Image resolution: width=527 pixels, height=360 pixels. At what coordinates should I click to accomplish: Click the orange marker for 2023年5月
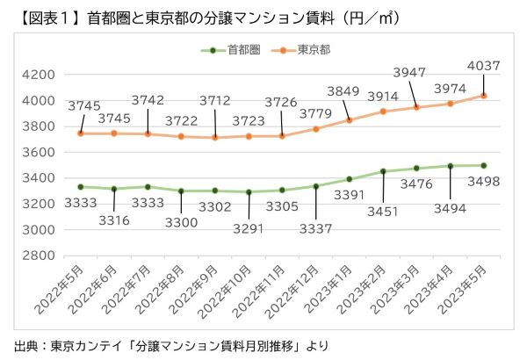[x=485, y=96]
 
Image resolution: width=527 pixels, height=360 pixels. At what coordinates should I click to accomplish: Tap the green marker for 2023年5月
[x=485, y=165]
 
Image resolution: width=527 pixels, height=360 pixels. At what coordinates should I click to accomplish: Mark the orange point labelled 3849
[x=350, y=120]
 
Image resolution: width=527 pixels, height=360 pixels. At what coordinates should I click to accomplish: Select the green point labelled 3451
[x=384, y=171]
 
